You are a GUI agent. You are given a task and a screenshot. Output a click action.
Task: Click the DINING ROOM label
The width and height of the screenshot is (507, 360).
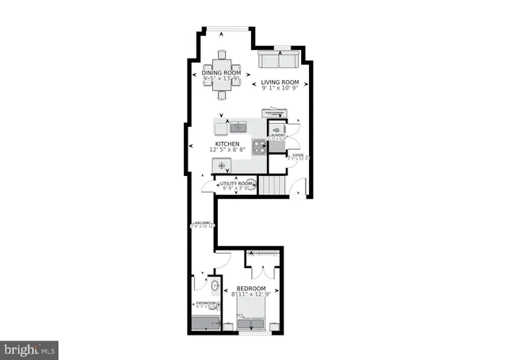(221, 73)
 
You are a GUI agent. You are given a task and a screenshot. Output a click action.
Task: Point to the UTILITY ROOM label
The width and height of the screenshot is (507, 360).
(235, 184)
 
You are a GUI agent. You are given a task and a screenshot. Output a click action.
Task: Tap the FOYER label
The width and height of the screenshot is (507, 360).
(297, 155)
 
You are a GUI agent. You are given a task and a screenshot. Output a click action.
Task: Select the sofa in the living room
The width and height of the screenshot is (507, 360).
(278, 61)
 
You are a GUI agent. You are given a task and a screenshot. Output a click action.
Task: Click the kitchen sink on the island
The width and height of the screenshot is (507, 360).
(240, 125)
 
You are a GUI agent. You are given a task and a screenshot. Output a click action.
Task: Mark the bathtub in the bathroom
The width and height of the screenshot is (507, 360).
(204, 324)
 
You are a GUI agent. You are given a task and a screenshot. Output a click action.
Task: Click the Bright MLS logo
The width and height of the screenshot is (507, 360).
(30, 347)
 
